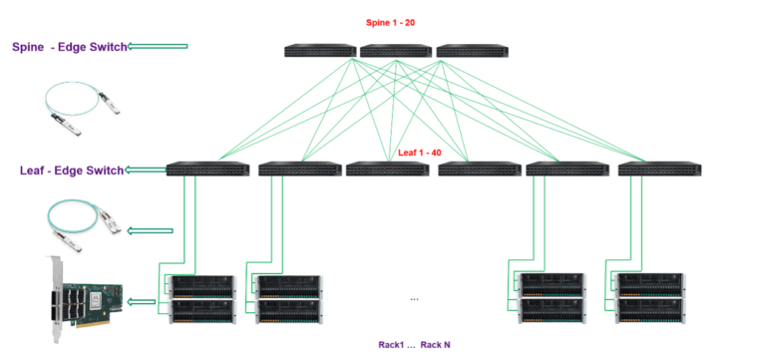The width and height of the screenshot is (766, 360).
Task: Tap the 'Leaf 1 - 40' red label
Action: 422,153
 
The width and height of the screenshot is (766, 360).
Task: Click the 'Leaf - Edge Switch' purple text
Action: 71,171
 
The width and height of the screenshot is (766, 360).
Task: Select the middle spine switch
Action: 396,51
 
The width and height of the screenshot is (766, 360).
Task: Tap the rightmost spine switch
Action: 472,51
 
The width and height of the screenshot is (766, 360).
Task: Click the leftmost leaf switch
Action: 207,170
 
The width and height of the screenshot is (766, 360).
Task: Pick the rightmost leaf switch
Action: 659,170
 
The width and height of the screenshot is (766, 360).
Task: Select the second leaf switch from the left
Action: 299,170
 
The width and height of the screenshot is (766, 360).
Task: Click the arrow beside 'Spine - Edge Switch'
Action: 159,46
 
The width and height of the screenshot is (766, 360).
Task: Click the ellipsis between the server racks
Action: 415,297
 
